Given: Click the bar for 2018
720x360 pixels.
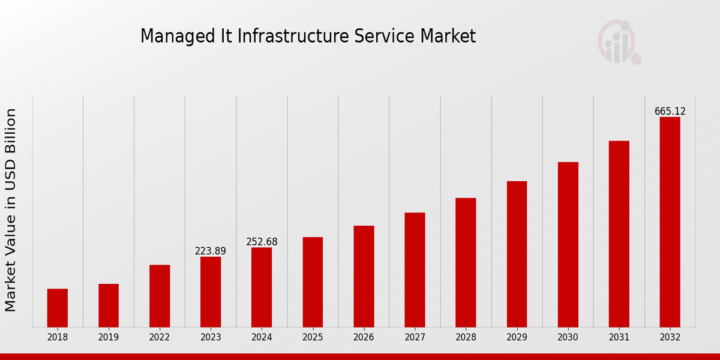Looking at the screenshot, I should coord(58,308).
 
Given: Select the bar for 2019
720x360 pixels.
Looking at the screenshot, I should coord(109,305).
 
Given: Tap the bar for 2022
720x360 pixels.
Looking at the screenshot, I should coord(160,296).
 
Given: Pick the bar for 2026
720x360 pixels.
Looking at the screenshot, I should coord(364,276).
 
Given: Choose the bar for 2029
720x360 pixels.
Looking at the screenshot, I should coord(517,254).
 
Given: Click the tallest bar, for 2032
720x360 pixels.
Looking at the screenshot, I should coord(670,222).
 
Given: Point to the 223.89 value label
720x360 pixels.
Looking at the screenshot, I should coord(211,251).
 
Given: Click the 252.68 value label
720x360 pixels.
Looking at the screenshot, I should coord(262,242).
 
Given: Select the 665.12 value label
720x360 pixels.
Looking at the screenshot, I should coord(670,112).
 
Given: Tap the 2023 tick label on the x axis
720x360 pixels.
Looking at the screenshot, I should coord(211,338).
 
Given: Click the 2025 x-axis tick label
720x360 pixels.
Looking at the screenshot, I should coord(313,338).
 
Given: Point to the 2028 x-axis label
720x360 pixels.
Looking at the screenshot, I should coord(466,338).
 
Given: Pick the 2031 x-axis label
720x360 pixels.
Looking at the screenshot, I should coord(619,338).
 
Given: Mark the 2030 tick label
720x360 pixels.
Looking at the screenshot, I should coord(568,338).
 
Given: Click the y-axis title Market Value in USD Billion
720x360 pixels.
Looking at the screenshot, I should coord(11,210).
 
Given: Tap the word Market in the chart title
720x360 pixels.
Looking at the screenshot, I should coord(448,36).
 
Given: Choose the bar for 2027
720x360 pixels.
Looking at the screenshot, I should coord(415,270).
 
